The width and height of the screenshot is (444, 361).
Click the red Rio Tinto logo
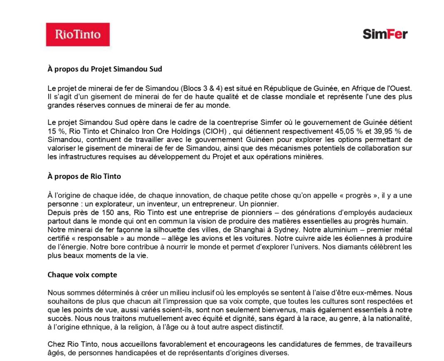tap(78, 34)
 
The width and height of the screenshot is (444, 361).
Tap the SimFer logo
tap(385, 34)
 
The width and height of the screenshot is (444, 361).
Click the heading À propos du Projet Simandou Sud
tap(105, 69)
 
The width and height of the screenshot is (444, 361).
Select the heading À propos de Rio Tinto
tap(84, 176)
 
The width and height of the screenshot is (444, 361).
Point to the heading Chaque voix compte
tap(82, 275)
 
